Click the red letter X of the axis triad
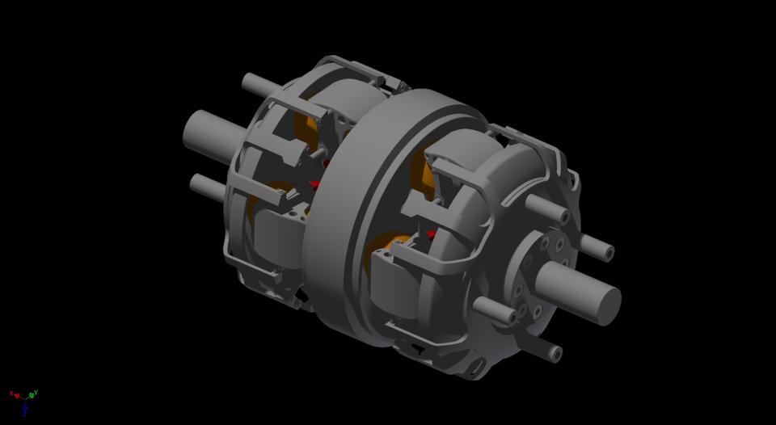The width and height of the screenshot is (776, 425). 11,393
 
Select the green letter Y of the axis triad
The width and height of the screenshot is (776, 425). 36,393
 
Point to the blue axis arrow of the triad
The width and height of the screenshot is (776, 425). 25,408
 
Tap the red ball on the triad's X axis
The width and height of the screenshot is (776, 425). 18,396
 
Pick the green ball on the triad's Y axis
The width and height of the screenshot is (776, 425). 32,396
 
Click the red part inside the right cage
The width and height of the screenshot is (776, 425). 432,234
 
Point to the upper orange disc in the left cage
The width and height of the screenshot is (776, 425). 315,129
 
